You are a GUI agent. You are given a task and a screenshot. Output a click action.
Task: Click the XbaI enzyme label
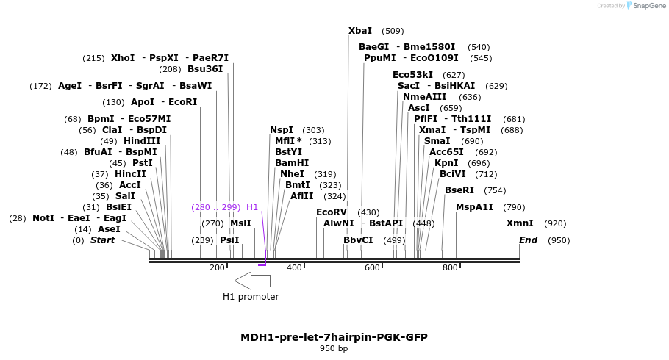[x=360, y=31]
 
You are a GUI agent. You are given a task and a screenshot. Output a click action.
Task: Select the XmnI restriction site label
[x=520, y=223]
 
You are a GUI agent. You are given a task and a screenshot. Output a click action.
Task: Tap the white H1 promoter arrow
[x=252, y=280]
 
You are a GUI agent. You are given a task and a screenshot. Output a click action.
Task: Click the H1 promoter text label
[x=251, y=297]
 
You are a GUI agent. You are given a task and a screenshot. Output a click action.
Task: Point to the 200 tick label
[x=217, y=267]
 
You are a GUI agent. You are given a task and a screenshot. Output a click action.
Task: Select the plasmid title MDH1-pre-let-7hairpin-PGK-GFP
[x=334, y=337]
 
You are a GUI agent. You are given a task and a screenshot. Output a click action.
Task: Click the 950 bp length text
[x=334, y=348]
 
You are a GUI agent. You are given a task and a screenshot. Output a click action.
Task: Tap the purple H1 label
[x=252, y=207]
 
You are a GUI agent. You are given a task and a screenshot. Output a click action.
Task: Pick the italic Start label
[x=102, y=240]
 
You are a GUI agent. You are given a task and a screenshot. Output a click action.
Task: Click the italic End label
[x=528, y=240]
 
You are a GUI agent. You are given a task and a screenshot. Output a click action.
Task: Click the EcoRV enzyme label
[x=331, y=212]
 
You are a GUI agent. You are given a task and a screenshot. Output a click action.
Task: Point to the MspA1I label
[x=475, y=207]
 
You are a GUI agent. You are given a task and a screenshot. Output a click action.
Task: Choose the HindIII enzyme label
[x=142, y=141]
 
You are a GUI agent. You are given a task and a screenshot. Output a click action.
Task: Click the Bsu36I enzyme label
[x=205, y=69]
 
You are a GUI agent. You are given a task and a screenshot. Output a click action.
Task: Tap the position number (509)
[x=393, y=31]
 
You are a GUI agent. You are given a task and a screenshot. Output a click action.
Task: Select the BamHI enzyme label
[x=292, y=163]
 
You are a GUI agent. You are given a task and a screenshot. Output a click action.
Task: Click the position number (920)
[x=555, y=223]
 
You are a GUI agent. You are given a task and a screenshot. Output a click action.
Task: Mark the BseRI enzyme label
[x=459, y=190]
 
